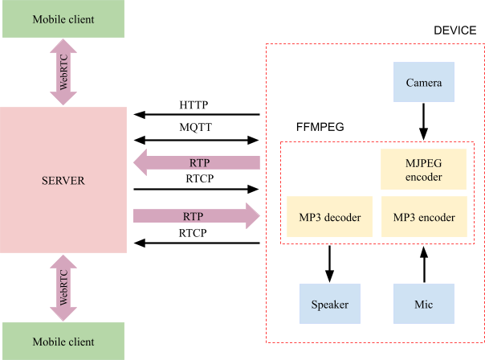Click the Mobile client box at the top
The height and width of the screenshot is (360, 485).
pyautogui.click(x=63, y=19)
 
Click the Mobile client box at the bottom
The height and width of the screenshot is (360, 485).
pyautogui.click(x=63, y=341)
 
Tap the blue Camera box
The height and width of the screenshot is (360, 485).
pyautogui.click(x=424, y=83)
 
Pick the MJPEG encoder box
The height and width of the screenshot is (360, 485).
pyautogui.click(x=424, y=170)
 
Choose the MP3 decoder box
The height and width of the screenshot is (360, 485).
pyautogui.click(x=330, y=217)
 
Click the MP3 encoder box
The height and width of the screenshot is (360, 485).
pyautogui.click(x=424, y=217)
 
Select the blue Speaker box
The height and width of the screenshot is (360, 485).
pyautogui.click(x=330, y=305)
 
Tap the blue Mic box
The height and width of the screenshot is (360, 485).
pyautogui.click(x=424, y=305)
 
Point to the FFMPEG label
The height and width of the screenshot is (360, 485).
pyautogui.click(x=320, y=128)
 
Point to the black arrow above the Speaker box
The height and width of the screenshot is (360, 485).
pyautogui.click(x=330, y=264)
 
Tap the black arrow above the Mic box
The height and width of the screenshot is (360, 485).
pyautogui.click(x=424, y=264)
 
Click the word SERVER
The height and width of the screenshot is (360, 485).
pyautogui.click(x=63, y=181)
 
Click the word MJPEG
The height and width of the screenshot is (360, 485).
pyautogui.click(x=424, y=163)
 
